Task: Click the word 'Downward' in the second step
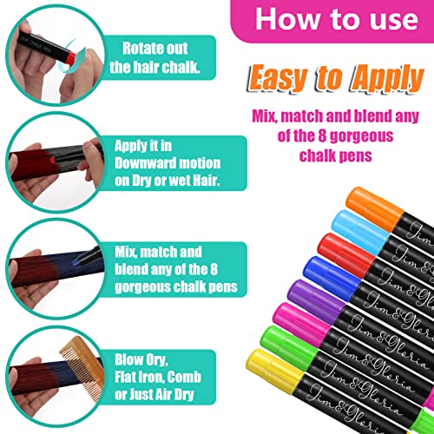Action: point(149,163)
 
